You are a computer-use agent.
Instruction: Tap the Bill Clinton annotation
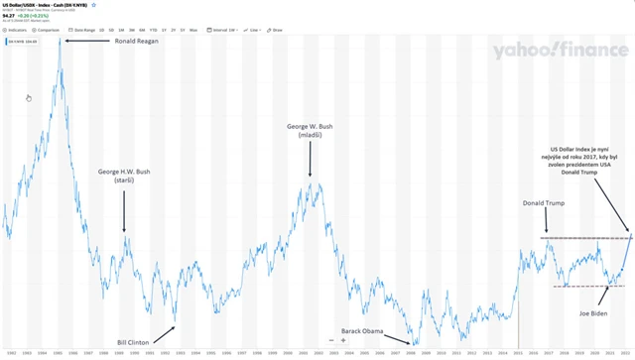[133, 341]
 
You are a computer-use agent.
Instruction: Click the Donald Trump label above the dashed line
[544, 203]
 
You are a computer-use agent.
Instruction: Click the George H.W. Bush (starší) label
[125, 178]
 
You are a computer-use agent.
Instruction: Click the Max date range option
[192, 31]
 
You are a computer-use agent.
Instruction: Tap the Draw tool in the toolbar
[276, 31]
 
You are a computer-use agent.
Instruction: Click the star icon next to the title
[94, 5]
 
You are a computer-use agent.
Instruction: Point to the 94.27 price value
[8, 15]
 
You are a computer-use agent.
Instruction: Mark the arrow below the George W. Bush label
[311, 159]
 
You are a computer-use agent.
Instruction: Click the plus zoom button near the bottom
[343, 340]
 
